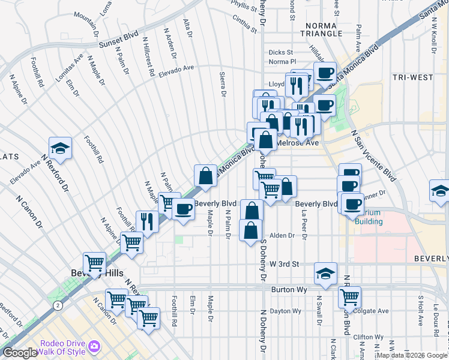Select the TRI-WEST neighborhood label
tap(412, 77)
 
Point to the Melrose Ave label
tap(298, 143)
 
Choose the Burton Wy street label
tap(289, 289)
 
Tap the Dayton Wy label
tap(285, 311)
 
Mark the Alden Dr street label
tap(282, 236)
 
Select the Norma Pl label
tap(283, 61)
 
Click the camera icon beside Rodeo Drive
tap(94, 347)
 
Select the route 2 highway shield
tap(57, 305)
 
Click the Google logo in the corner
tap(20, 353)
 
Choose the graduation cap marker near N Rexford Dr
tap(60, 148)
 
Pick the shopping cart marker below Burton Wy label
tap(349, 295)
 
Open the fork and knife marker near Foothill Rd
tap(146, 220)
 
